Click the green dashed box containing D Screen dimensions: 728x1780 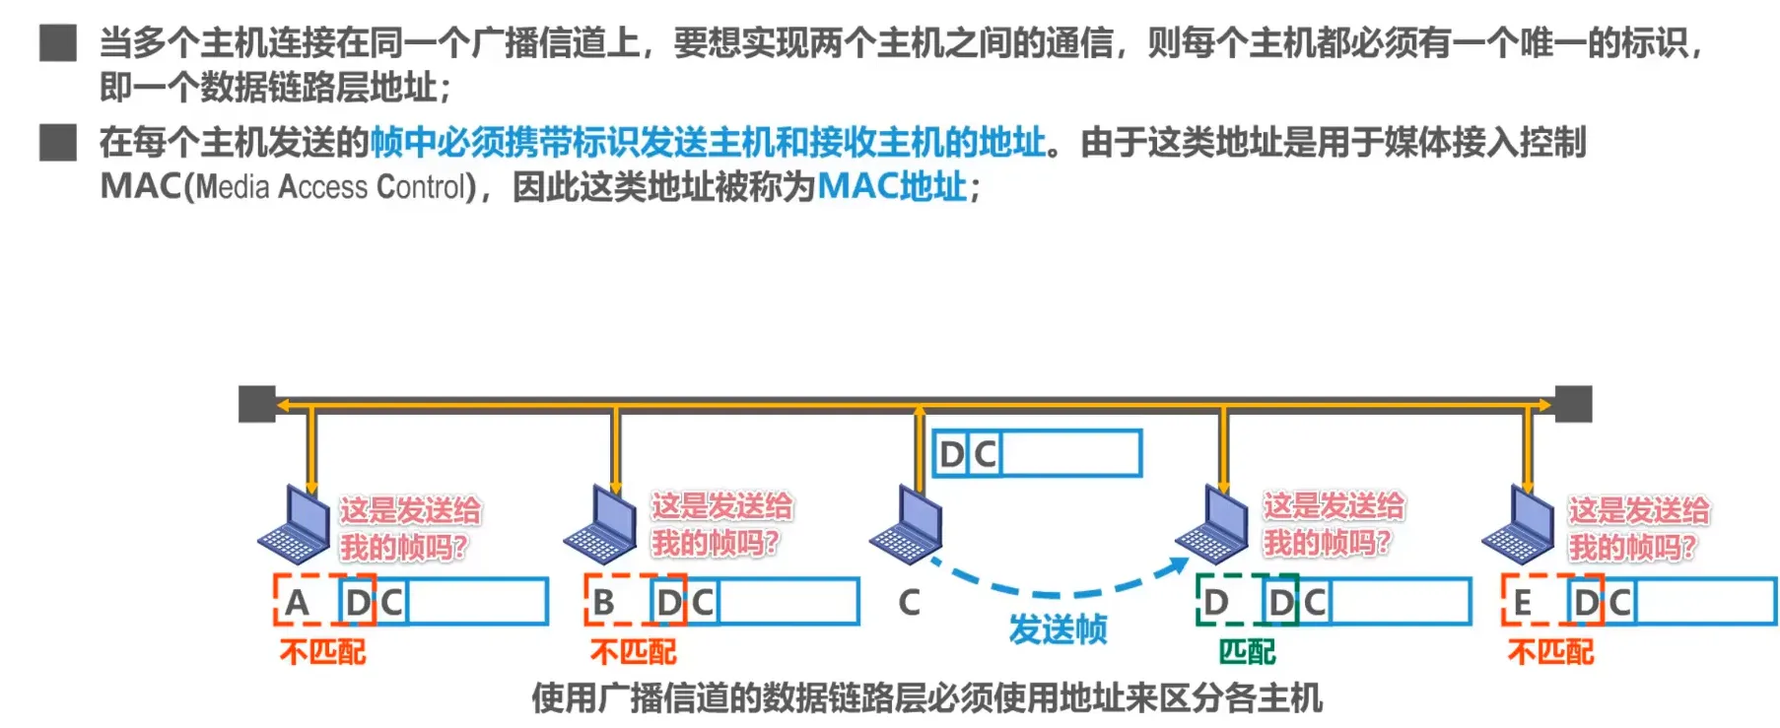coord(1218,601)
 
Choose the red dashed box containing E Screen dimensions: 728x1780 coord(1524,601)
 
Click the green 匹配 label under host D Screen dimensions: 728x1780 coord(1247,652)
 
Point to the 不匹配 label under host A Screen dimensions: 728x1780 coord(322,652)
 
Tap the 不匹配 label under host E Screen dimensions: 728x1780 coord(1550,652)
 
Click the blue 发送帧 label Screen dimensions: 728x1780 coord(1058,629)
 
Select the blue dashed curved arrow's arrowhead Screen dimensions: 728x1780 coord(1179,566)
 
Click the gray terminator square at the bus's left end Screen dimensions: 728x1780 coord(257,404)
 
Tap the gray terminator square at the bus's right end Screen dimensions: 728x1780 coord(1573,404)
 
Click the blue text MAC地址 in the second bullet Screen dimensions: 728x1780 coord(892,186)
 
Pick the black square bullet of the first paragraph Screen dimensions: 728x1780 coord(58,43)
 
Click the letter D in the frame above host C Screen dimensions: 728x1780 coord(951,454)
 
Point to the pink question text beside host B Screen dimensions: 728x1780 coord(720,524)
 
